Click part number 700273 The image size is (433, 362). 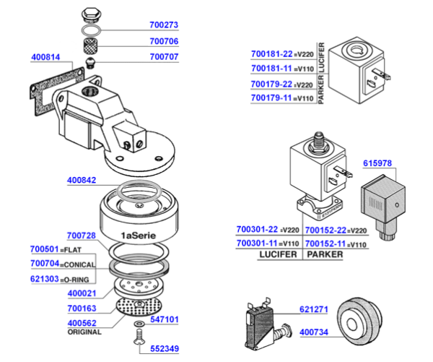coord(163,25)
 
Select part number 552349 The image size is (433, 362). coord(163,350)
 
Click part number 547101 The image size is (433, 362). coord(165,318)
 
